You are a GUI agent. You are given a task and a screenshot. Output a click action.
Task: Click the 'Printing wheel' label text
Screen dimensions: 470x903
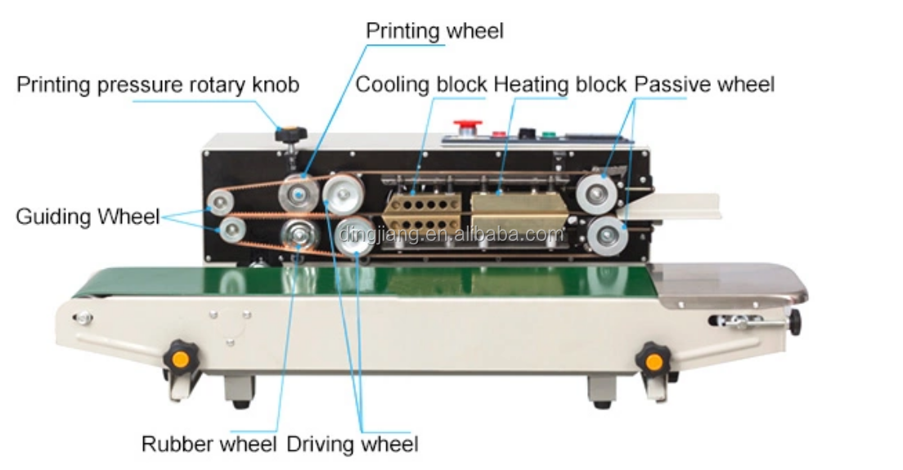click(x=434, y=31)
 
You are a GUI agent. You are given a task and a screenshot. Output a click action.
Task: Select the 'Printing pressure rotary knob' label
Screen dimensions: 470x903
click(x=158, y=84)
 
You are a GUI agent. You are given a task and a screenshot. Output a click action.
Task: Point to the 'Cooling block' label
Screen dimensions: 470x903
click(x=421, y=84)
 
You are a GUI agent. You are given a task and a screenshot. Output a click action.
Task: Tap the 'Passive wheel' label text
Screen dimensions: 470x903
click(x=704, y=84)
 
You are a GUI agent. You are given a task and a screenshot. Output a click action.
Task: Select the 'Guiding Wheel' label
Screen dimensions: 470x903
click(x=88, y=217)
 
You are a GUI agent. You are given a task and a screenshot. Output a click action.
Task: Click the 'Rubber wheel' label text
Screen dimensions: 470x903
click(x=210, y=444)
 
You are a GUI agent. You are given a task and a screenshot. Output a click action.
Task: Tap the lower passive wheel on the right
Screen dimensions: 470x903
click(x=606, y=237)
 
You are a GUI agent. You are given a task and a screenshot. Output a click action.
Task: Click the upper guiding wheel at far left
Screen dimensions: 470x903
click(x=220, y=201)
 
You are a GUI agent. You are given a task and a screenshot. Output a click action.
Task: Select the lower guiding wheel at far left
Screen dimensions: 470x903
click(x=231, y=230)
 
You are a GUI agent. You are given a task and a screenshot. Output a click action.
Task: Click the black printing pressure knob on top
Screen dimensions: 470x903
click(x=289, y=134)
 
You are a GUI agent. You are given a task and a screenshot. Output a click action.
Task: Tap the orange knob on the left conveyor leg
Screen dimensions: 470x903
click(x=179, y=358)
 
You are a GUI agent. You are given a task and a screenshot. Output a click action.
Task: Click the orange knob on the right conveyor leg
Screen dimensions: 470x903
click(x=653, y=360)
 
